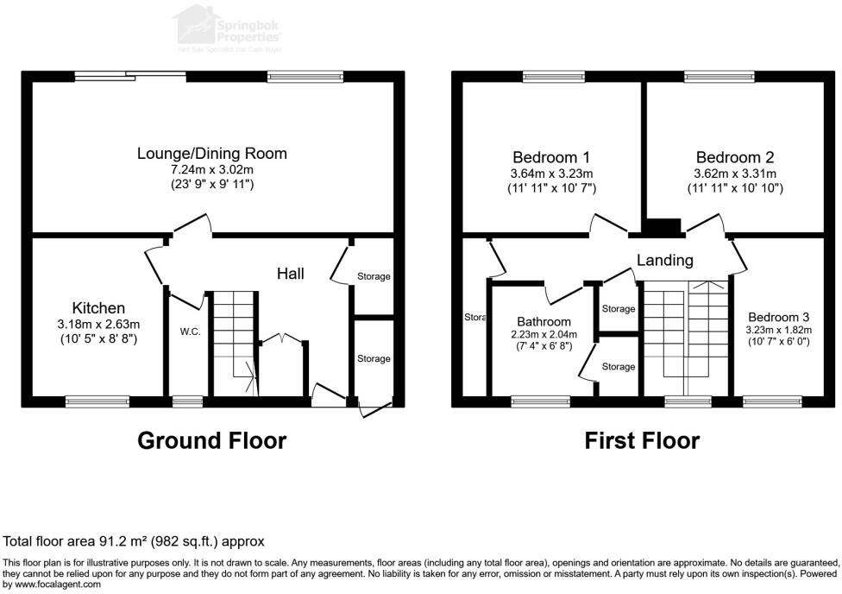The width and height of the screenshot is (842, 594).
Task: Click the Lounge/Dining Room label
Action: [211, 154]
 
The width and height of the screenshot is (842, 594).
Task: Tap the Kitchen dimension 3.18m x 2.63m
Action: [98, 325]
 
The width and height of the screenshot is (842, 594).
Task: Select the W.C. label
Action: [190, 332]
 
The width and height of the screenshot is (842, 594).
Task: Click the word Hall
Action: [290, 274]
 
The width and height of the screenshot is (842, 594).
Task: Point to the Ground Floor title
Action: [211, 440]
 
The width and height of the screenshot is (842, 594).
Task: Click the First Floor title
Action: [642, 440]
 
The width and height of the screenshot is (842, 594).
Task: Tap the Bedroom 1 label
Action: [551, 157]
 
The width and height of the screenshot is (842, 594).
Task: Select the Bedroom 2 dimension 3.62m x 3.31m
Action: [735, 174]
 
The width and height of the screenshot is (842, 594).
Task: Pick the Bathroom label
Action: [544, 321]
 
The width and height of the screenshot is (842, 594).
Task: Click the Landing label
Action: [664, 260]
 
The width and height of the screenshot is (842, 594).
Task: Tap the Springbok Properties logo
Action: [229, 26]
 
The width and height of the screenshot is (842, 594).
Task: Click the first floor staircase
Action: [686, 337]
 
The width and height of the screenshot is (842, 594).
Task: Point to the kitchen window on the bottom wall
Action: [97, 401]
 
